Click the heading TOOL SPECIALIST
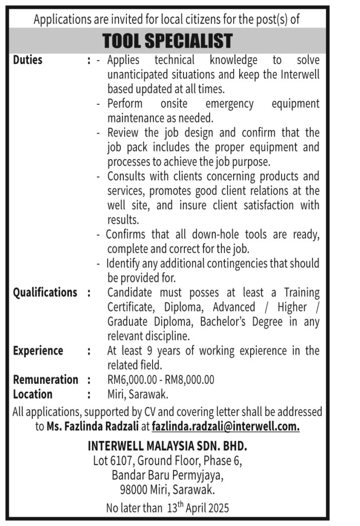click(167, 41)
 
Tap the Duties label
click(28, 60)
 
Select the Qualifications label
click(45, 293)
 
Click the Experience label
click(38, 351)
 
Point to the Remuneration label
click(46, 380)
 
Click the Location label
click(33, 394)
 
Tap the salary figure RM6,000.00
click(130, 380)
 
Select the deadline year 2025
click(217, 509)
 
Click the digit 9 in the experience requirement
click(139, 351)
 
